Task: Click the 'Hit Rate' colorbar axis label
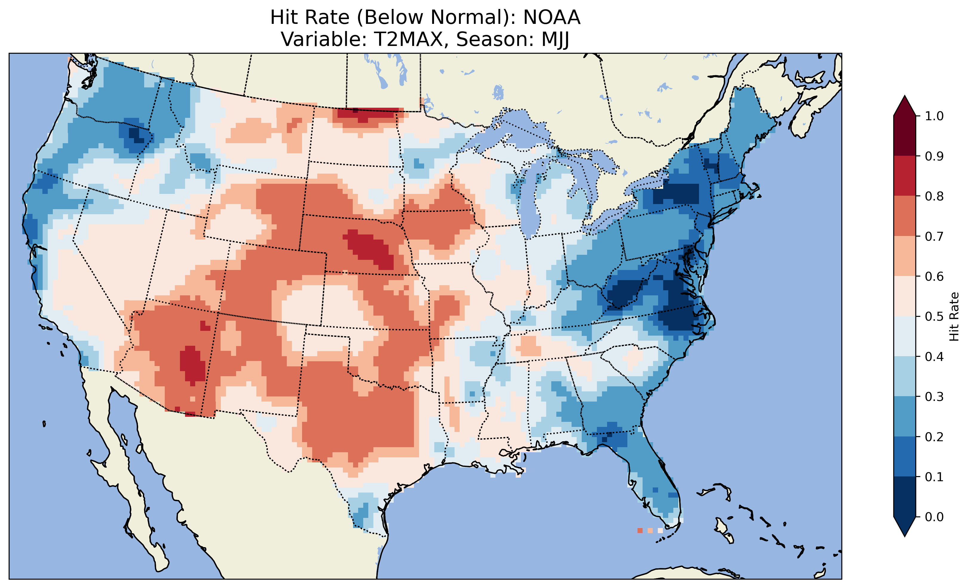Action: tap(954, 317)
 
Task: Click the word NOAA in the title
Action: tap(552, 18)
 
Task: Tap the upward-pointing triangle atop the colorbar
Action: tap(905, 106)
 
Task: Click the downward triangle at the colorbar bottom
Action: tap(905, 527)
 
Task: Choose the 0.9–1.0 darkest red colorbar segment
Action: tap(905, 136)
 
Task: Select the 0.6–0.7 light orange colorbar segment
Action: tap(905, 256)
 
